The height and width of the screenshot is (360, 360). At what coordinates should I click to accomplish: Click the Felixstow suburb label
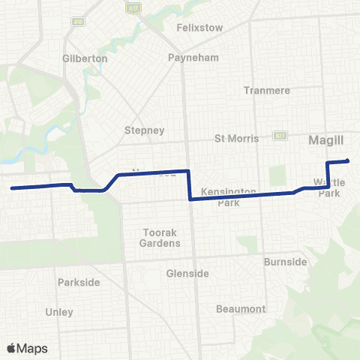coord(200,27)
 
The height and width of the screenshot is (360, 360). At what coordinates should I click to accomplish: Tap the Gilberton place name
coord(85,58)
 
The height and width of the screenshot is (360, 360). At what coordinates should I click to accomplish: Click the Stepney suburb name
coord(144,130)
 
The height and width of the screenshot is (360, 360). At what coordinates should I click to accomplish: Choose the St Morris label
coord(236,138)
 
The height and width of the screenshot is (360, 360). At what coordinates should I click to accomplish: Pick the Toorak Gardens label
coord(161,238)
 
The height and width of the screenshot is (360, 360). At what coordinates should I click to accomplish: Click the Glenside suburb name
coord(187,274)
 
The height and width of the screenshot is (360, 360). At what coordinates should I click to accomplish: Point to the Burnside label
coord(286,262)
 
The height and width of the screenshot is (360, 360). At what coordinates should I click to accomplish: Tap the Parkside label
coord(79,282)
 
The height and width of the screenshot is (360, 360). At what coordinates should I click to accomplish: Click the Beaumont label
coord(241,309)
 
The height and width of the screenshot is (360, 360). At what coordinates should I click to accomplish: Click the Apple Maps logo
coord(27,348)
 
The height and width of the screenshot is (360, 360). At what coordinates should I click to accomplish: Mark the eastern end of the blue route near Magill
coord(348,160)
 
